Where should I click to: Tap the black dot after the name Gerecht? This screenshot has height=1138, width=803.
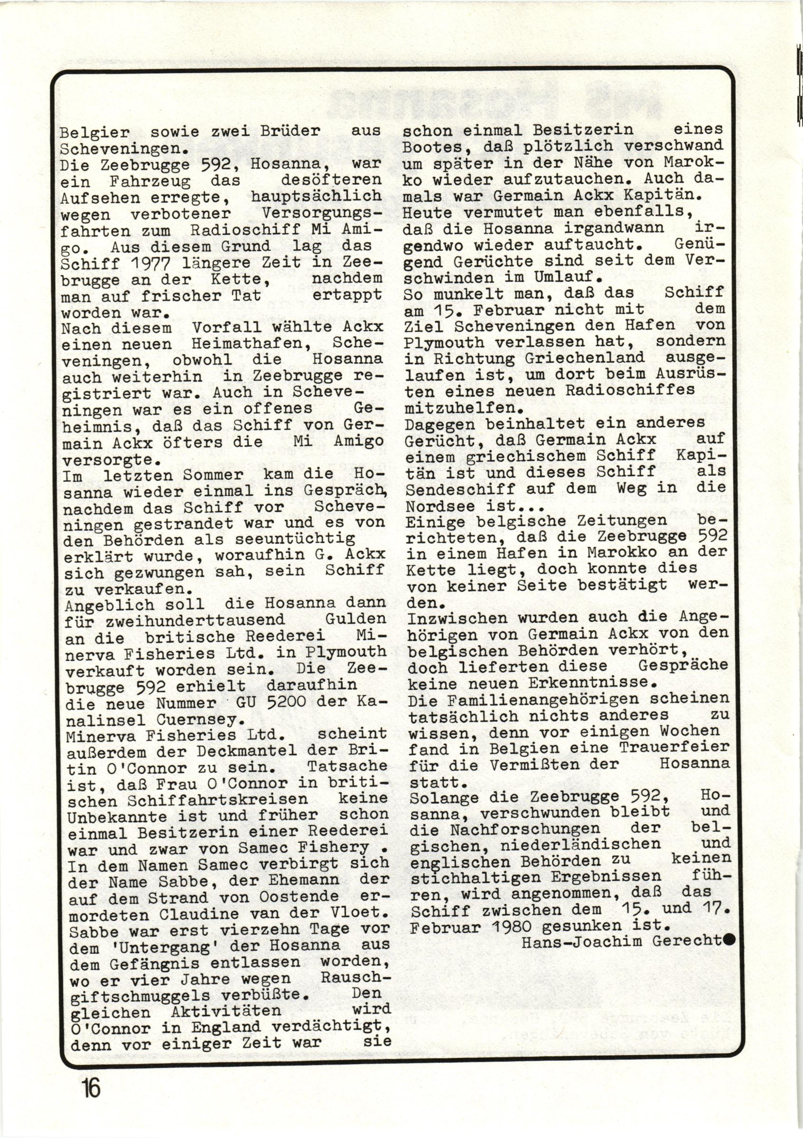point(729,938)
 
